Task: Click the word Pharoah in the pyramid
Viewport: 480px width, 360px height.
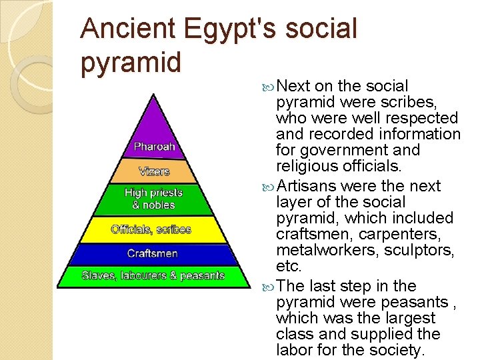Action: [154, 146]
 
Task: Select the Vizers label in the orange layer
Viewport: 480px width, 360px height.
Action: [154, 171]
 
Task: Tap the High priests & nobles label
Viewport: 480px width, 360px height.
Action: [154, 199]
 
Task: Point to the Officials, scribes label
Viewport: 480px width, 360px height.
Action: [151, 229]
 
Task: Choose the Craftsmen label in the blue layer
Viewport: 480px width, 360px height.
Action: [153, 254]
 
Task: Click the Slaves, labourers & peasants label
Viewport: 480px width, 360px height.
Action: [153, 275]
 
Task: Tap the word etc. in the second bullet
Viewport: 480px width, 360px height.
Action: [289, 267]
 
